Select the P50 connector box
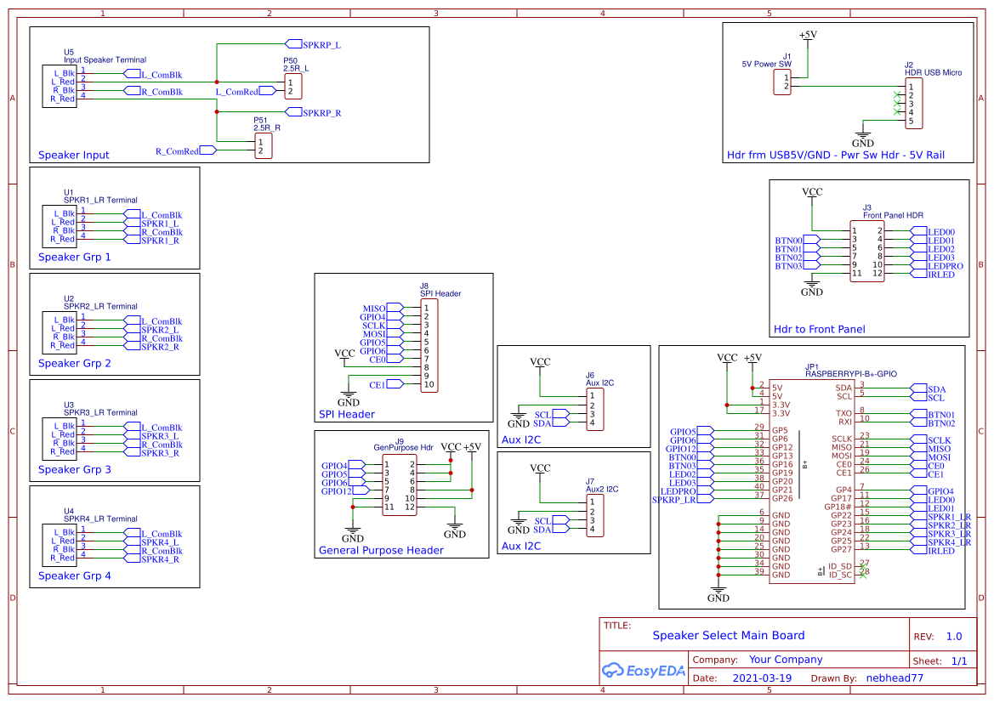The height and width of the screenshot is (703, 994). coord(293,87)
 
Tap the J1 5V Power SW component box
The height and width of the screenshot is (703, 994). coord(783,82)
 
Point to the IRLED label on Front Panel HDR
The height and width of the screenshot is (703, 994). coord(940,275)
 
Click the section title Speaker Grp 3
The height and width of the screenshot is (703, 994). coord(75,469)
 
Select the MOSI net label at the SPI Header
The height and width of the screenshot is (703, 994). coord(374,334)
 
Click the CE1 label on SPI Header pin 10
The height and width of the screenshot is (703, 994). coord(378,385)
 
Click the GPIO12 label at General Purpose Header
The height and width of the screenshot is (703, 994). coord(337,491)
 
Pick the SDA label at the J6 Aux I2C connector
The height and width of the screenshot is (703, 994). coord(542,423)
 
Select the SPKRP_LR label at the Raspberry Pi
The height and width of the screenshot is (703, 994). coord(674,500)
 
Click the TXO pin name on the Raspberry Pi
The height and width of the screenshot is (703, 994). coord(843,414)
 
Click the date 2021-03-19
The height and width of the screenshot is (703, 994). coord(761,678)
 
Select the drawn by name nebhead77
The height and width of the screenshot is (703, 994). coord(895,678)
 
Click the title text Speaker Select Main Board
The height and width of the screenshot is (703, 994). coord(728,635)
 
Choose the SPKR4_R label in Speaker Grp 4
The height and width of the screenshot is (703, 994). coord(160,559)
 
